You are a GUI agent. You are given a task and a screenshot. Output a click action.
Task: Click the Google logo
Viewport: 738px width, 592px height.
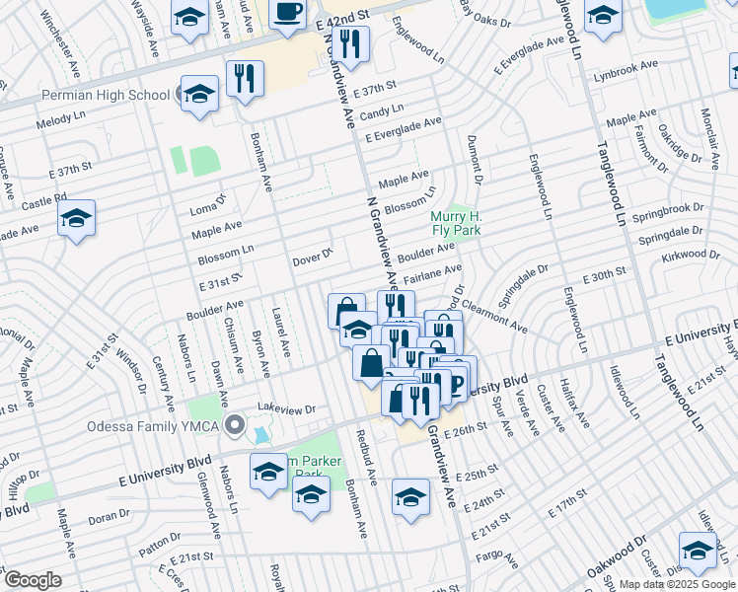(33, 580)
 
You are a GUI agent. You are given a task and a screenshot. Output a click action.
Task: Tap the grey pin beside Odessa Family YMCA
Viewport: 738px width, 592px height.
(235, 426)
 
